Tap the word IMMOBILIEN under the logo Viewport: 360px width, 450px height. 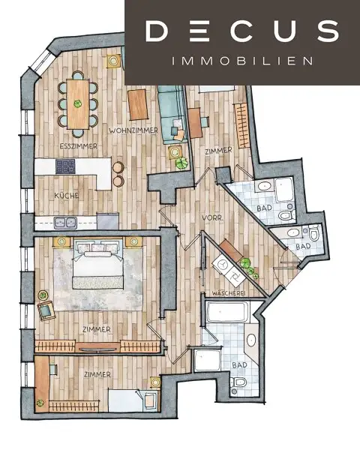tap(241, 61)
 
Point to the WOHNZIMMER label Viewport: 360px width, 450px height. tap(133, 130)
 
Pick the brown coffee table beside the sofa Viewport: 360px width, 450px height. tap(138, 104)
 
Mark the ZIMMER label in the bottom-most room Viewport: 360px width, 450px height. tap(98, 373)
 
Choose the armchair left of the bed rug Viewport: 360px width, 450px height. tap(46, 310)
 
